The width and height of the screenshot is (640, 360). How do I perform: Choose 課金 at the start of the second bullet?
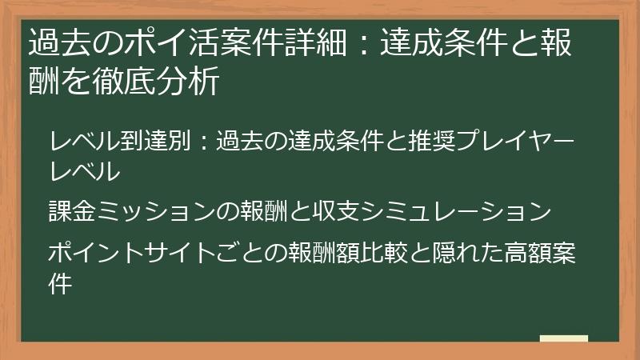(70, 211)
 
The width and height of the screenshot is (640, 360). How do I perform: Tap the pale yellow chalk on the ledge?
(563, 338)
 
